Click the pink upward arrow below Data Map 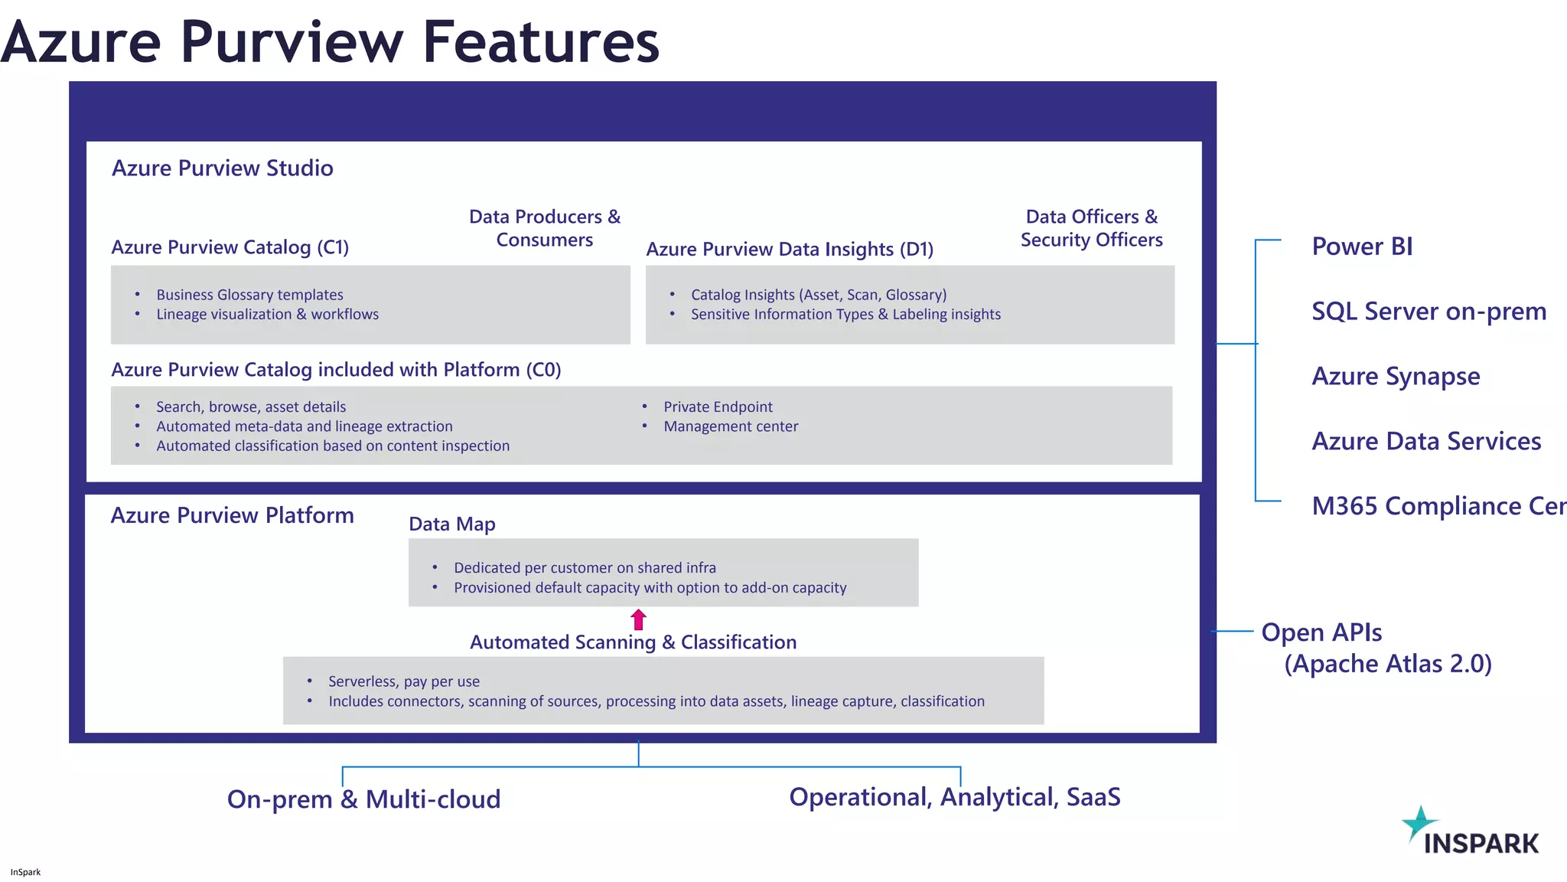[x=638, y=619]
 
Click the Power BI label [x=1361, y=247]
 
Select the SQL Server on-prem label [x=1429, y=312]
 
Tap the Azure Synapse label [x=1396, y=377]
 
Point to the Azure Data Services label [x=1425, y=442]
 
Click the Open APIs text [x=1321, y=632]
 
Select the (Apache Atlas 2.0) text [x=1387, y=664]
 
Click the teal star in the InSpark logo [x=1419, y=822]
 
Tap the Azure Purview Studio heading [x=223, y=168]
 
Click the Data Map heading [x=451, y=524]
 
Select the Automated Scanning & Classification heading [x=633, y=642]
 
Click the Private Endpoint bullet [x=717, y=407]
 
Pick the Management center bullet [x=730, y=426]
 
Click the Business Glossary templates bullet [x=249, y=295]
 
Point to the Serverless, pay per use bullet [x=403, y=681]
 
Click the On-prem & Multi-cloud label [x=363, y=799]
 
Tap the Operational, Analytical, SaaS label [x=954, y=797]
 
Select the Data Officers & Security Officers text [x=1091, y=228]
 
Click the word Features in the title [x=540, y=42]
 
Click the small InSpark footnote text [x=25, y=872]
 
